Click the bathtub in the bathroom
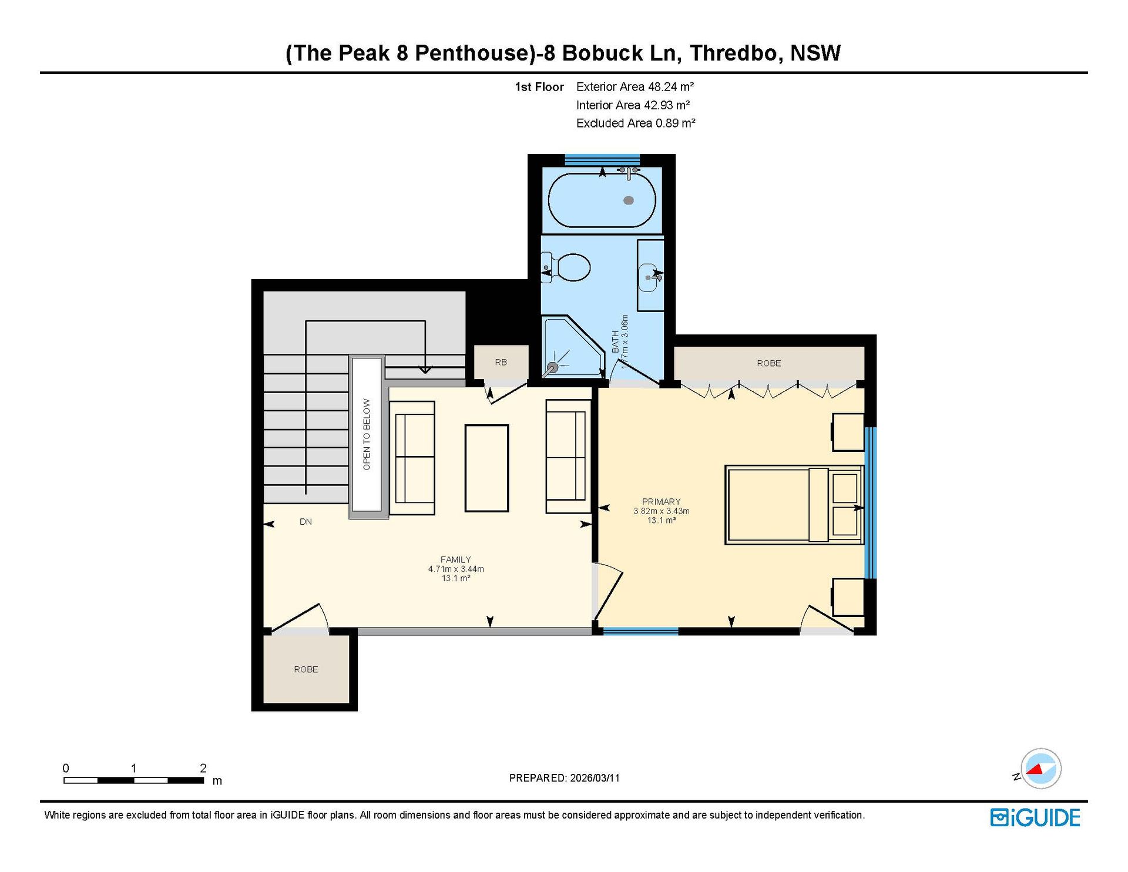point(602,200)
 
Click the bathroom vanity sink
point(650,274)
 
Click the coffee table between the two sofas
point(486,468)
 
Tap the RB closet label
point(501,363)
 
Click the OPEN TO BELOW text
point(367,434)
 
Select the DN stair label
point(305,522)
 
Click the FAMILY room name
point(456,559)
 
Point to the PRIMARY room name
point(661,502)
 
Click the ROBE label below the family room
point(306,669)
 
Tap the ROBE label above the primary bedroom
point(769,363)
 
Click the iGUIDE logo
point(1035,817)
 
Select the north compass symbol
point(1040,769)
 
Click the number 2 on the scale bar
point(203,768)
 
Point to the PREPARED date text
point(564,778)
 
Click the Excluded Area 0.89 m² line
point(636,123)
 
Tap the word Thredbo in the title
point(736,53)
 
